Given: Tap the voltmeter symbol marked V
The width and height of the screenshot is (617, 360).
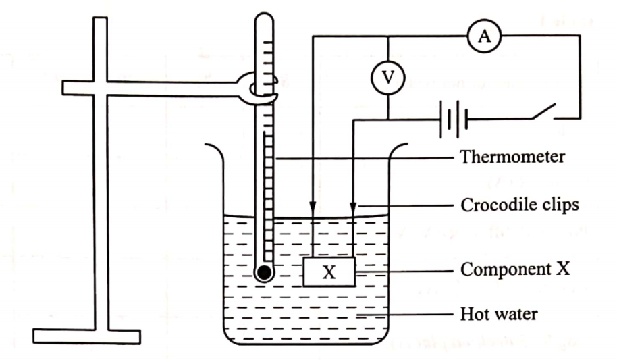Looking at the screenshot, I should click(387, 78).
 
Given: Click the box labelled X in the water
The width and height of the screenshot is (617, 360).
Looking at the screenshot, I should click(329, 272).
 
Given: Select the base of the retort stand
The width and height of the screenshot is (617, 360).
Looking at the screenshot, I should click(86, 336).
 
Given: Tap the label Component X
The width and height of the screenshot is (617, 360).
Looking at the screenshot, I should click(516, 269).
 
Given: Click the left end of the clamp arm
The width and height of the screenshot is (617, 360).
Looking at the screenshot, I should click(63, 88).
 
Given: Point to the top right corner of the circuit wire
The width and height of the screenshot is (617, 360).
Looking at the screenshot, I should click(579, 38).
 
